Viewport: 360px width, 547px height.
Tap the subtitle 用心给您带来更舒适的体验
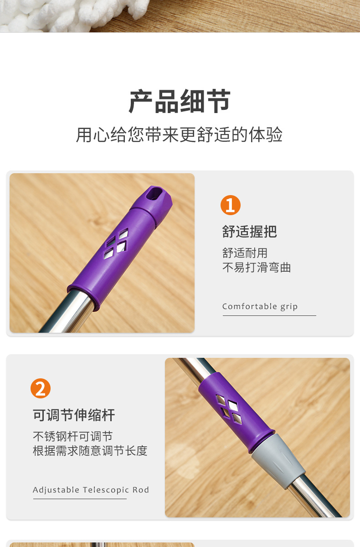pyautogui.click(x=180, y=135)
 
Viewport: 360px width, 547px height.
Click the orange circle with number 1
pyautogui.click(x=230, y=205)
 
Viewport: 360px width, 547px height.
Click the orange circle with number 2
pyautogui.click(x=41, y=389)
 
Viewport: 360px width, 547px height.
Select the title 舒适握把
pyautogui.click(x=249, y=232)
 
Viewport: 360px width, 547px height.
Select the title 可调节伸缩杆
pyautogui.click(x=74, y=415)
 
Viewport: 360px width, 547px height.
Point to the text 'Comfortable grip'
pyautogui.click(x=260, y=306)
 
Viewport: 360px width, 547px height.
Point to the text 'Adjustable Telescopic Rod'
pyautogui.click(x=91, y=490)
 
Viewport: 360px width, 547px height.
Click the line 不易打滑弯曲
pyautogui.click(x=256, y=268)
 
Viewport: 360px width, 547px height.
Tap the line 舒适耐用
pyautogui.click(x=245, y=253)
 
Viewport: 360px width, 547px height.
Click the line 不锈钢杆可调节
pyautogui.click(x=72, y=436)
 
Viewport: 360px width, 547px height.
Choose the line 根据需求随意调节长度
pyautogui.click(x=90, y=451)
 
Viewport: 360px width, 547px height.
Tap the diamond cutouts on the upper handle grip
pyautogui.click(x=116, y=241)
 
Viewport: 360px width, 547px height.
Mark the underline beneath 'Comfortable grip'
pyautogui.click(x=269, y=315)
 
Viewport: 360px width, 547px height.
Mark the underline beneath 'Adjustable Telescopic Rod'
pyautogui.click(x=79, y=499)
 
